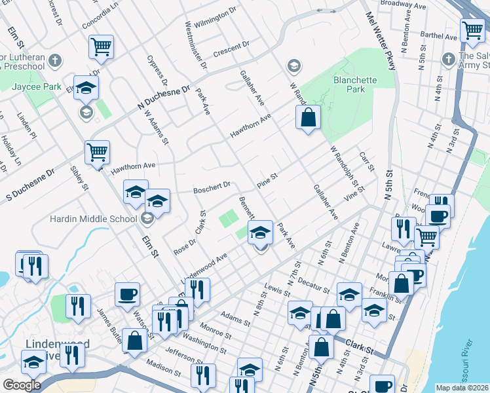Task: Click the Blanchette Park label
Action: [354, 84]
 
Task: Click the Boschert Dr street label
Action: [212, 188]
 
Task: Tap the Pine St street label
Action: [267, 179]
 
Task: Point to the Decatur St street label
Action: [312, 286]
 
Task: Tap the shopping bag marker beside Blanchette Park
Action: [308, 118]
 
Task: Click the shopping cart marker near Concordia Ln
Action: [101, 47]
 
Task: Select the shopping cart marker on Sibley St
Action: [97, 153]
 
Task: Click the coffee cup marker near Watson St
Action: [127, 293]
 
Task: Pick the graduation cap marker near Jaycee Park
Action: [86, 88]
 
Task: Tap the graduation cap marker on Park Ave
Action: [260, 232]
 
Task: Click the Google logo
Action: [22, 385]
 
